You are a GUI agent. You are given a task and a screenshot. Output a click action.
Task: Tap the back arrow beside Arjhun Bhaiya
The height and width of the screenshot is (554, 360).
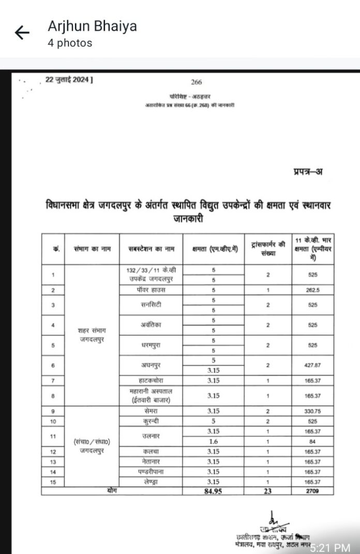[x=22, y=33]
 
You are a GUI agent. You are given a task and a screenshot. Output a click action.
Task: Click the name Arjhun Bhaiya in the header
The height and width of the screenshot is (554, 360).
[x=92, y=26]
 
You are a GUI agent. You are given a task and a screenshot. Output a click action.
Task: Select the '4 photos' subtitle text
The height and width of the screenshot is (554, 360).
[x=70, y=43]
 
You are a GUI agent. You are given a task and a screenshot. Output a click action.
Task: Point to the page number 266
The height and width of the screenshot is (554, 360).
[x=196, y=82]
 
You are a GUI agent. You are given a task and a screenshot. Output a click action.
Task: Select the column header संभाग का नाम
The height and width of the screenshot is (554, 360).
[x=88, y=250]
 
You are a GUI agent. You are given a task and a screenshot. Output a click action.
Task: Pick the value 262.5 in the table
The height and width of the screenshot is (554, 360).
[x=312, y=290]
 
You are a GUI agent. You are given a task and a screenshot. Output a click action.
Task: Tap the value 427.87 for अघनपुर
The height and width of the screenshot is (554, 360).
[x=312, y=364]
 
